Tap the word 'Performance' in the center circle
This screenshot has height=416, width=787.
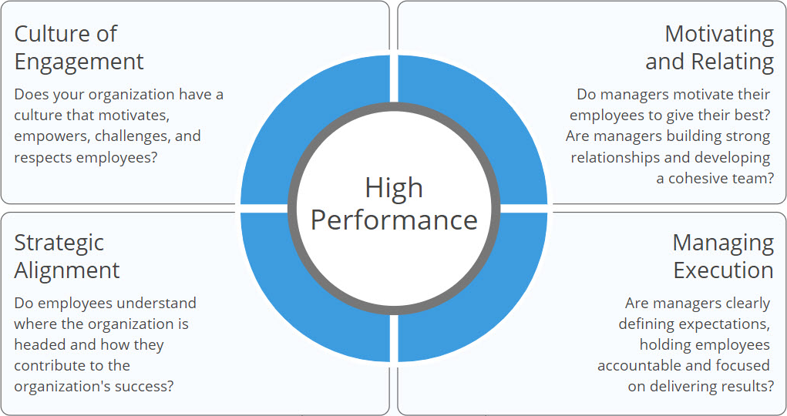point(394,220)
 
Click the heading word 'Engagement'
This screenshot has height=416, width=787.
point(79,62)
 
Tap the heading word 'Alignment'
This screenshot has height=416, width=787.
point(67,271)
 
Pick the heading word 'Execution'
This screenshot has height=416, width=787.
point(723,270)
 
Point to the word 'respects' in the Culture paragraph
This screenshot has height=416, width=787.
point(42,158)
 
